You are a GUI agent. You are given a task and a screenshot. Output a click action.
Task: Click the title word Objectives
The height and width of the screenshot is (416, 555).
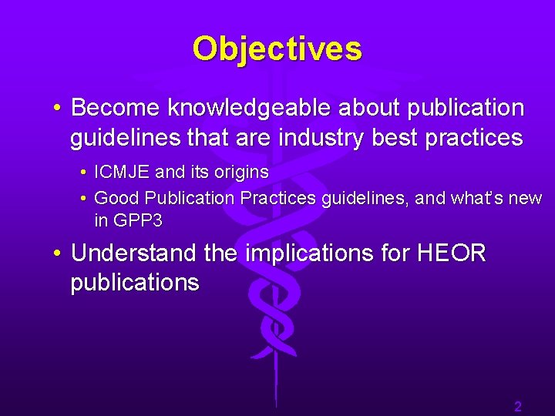(x=277, y=49)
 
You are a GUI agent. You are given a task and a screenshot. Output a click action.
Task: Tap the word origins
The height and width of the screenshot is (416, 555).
(x=238, y=172)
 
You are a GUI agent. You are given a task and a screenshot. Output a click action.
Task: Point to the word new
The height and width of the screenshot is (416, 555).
(x=526, y=198)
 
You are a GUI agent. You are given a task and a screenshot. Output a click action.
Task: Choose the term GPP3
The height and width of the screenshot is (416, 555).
(x=138, y=221)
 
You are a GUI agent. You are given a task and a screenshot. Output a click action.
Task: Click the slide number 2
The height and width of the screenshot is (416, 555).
(x=518, y=407)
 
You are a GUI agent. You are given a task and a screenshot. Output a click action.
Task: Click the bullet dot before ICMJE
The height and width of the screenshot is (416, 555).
(x=83, y=172)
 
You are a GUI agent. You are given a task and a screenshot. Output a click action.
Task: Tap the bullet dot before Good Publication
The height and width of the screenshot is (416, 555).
(x=83, y=198)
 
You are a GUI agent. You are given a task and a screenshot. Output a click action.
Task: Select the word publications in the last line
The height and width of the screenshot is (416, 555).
(x=135, y=283)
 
